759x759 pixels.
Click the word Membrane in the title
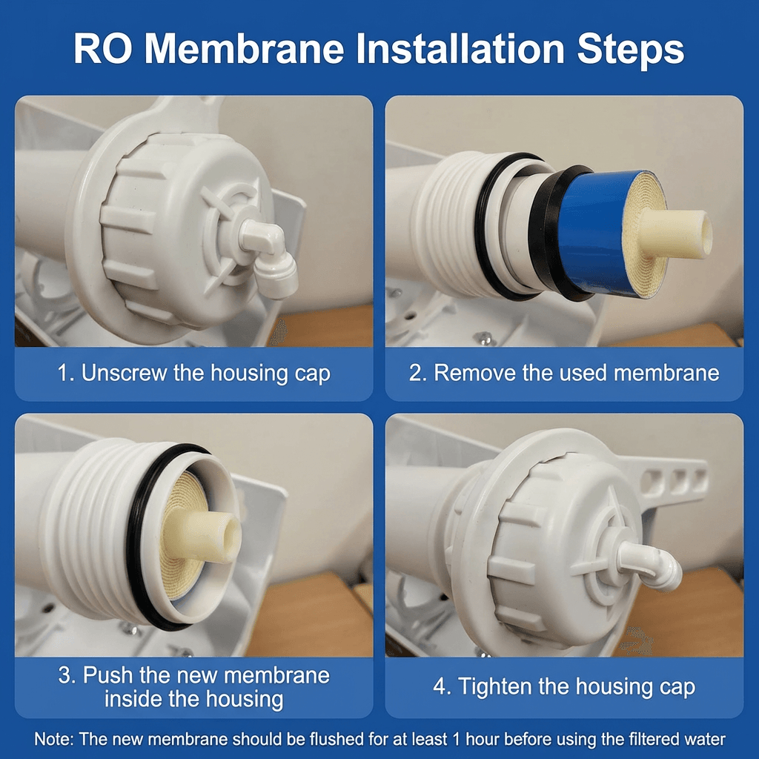pyautogui.click(x=245, y=48)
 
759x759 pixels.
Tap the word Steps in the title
pyautogui.click(x=630, y=50)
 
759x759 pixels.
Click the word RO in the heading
pyautogui.click(x=102, y=48)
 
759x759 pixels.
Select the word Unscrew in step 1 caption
pyautogui.click(x=124, y=373)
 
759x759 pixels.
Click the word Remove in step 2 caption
pyautogui.click(x=472, y=373)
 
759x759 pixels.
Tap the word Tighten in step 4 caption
pyautogui.click(x=492, y=687)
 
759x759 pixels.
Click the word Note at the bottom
pyautogui.click(x=53, y=739)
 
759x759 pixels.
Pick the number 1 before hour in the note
pyautogui.click(x=456, y=739)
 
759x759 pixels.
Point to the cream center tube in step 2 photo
pyautogui.click(x=675, y=233)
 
